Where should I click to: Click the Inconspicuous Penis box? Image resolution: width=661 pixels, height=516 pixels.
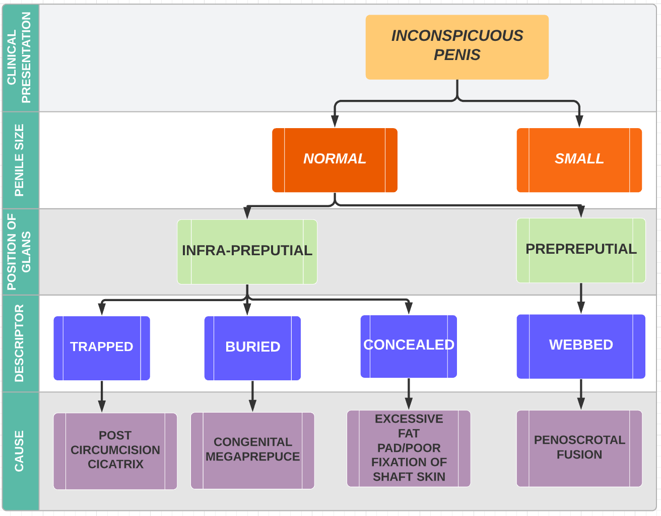click(457, 47)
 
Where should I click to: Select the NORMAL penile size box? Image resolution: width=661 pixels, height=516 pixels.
click(335, 160)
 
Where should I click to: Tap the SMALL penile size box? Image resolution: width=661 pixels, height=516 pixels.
click(579, 160)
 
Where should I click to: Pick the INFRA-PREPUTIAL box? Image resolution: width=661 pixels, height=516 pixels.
click(247, 252)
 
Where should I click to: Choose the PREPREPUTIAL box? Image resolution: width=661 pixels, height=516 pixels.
click(581, 250)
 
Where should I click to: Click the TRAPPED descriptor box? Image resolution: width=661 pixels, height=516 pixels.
click(102, 348)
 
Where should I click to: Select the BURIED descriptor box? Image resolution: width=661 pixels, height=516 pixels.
click(252, 348)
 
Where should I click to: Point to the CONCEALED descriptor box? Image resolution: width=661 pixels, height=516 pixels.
click(409, 347)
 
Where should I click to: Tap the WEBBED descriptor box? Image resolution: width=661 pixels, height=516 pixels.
click(581, 347)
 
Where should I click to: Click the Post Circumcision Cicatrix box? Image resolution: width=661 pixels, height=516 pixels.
click(115, 451)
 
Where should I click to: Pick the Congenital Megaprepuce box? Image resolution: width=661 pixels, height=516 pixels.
click(252, 450)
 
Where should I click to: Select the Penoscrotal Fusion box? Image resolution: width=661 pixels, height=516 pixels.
click(579, 448)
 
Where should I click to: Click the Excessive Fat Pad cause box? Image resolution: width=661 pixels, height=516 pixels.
click(409, 448)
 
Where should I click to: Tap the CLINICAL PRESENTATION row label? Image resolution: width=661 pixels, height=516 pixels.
click(19, 58)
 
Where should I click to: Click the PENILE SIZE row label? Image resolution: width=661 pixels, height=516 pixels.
click(19, 160)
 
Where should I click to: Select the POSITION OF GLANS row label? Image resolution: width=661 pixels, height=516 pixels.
click(19, 252)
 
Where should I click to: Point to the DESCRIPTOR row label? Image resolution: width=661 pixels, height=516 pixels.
click(19, 343)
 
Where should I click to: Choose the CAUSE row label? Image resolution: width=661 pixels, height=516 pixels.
click(19, 451)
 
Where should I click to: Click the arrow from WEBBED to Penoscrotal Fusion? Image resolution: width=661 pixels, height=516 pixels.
click(581, 394)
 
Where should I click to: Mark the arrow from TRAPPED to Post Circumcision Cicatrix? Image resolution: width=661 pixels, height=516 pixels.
click(102, 396)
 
